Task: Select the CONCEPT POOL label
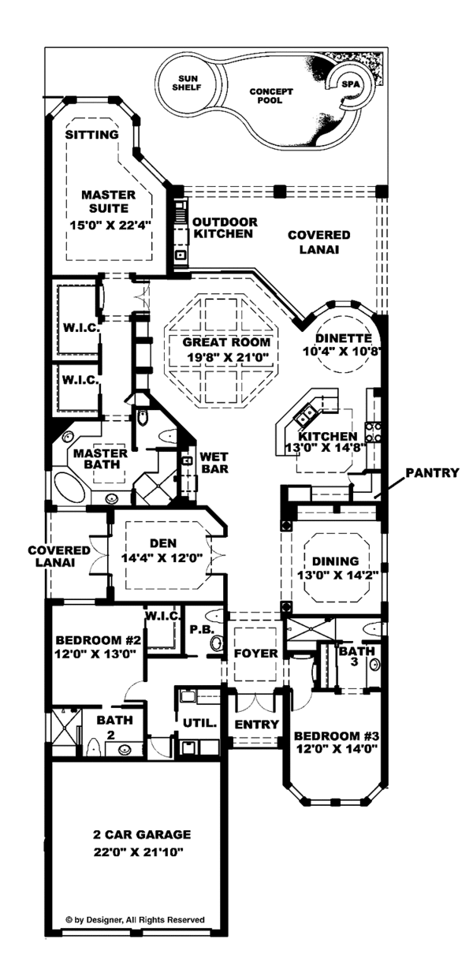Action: point(270,96)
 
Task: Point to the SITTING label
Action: point(91,135)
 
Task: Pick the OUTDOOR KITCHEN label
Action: point(223,228)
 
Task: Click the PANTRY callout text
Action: point(431,473)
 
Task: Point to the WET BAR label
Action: point(214,462)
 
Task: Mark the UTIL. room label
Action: point(199,722)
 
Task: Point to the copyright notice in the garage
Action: point(135,919)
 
